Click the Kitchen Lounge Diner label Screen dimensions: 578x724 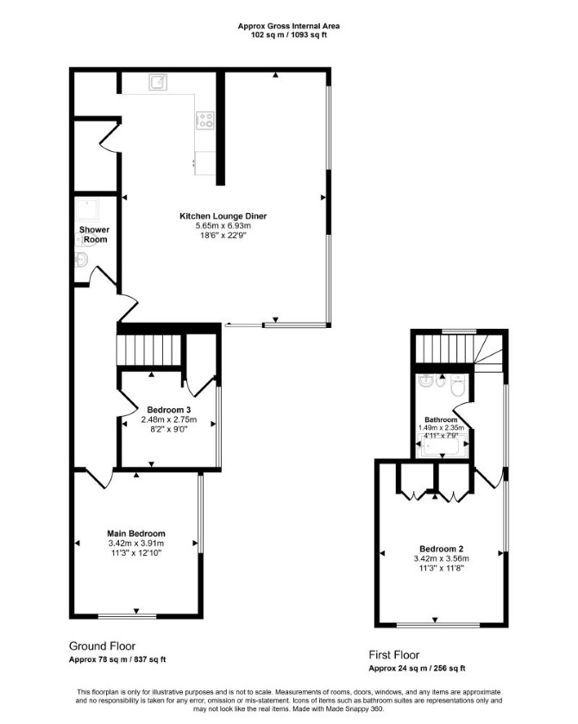(x=223, y=216)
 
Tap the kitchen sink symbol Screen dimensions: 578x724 (x=158, y=82)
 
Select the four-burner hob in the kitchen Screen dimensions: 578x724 (x=205, y=120)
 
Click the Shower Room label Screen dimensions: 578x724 (x=94, y=235)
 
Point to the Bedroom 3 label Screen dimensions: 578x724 (x=169, y=410)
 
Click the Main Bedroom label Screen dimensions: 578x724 (x=136, y=533)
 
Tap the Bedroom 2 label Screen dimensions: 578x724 (x=442, y=549)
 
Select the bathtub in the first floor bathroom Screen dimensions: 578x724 (x=443, y=447)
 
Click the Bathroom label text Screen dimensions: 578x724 (x=441, y=419)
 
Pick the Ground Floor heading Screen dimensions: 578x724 (x=102, y=646)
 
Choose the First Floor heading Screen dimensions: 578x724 (x=393, y=655)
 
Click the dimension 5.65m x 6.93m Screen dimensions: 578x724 (x=223, y=226)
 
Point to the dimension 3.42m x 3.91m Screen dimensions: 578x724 (x=136, y=543)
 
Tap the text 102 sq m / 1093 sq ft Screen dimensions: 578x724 (x=288, y=35)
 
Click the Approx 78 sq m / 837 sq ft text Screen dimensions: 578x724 (x=117, y=659)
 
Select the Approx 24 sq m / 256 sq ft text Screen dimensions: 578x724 (x=417, y=668)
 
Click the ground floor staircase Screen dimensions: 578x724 (x=148, y=349)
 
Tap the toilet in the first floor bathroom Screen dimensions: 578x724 (x=458, y=386)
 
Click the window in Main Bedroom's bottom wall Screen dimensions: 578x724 (x=128, y=616)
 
